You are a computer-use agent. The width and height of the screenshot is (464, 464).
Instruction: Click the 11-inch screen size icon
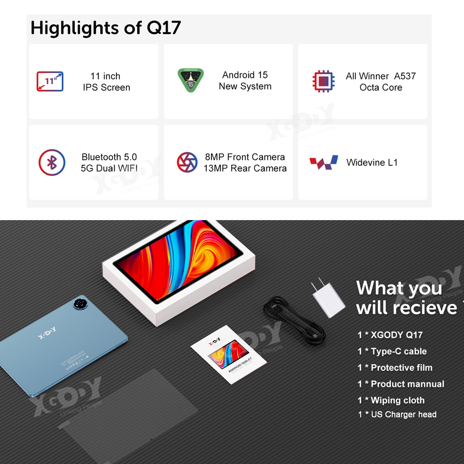click(50, 81)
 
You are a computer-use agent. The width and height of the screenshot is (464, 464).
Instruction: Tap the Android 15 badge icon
click(191, 80)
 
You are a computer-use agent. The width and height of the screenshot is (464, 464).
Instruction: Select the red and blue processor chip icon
click(323, 81)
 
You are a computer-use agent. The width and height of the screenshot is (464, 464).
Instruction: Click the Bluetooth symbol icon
click(52, 162)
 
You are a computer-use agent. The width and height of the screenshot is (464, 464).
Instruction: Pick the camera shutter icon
click(187, 162)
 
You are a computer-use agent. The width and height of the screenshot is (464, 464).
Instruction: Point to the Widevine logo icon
click(324, 162)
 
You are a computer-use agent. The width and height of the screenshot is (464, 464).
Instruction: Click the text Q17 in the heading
click(164, 28)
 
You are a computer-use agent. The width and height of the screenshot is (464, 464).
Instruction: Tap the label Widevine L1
click(372, 162)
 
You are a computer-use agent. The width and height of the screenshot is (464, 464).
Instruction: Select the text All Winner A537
click(381, 76)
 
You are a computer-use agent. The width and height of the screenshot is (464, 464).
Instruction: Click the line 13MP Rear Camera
click(245, 168)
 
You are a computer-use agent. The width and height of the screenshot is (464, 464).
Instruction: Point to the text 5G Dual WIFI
click(109, 168)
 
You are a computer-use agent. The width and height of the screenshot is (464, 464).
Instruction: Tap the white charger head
click(328, 297)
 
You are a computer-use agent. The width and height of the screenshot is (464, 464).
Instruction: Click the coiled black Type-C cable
click(294, 320)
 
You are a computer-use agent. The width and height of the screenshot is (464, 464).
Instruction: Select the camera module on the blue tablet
click(80, 303)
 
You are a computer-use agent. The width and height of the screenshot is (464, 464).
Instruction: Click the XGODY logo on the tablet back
click(47, 333)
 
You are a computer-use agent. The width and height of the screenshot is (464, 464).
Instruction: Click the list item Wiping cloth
click(391, 400)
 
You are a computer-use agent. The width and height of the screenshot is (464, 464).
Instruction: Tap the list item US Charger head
click(397, 414)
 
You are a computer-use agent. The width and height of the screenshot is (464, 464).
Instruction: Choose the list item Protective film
click(395, 368)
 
